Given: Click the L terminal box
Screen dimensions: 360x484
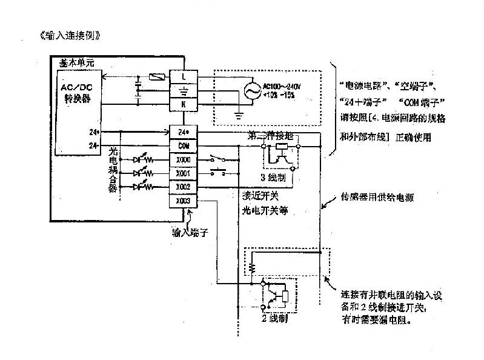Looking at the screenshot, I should pyautogui.click(x=184, y=76).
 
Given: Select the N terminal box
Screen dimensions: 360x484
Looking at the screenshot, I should pyautogui.click(x=184, y=104).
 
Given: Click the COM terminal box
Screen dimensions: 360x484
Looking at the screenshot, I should pyautogui.click(x=184, y=146).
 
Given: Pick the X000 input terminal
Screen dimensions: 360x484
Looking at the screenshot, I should pyautogui.click(x=184, y=159).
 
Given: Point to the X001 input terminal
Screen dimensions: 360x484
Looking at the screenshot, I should pyautogui.click(x=184, y=173).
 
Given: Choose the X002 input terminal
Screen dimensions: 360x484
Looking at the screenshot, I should pyautogui.click(x=184, y=187).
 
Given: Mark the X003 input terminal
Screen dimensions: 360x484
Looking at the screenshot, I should pyautogui.click(x=184, y=201).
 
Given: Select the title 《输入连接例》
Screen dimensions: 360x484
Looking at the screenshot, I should pyautogui.click(x=68, y=35).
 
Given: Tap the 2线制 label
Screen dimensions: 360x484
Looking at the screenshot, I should pyautogui.click(x=274, y=318).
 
